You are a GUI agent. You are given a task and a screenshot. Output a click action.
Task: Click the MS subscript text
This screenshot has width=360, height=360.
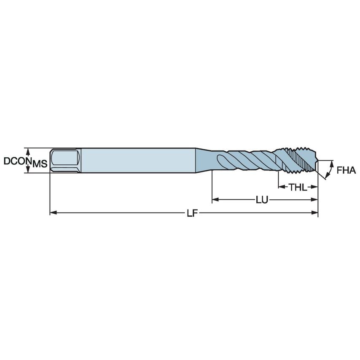[x=40, y=164]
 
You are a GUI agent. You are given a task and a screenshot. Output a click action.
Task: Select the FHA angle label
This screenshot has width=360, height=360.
[x=347, y=171]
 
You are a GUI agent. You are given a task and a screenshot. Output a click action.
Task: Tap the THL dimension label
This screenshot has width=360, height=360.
[x=298, y=187]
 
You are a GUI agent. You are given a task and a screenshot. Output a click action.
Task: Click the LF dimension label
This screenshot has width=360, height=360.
[x=192, y=213]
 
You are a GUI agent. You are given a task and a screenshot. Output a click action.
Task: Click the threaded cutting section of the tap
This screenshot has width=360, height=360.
[x=295, y=160]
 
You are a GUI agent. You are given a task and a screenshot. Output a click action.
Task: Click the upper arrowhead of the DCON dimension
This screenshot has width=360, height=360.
[x=28, y=150]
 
